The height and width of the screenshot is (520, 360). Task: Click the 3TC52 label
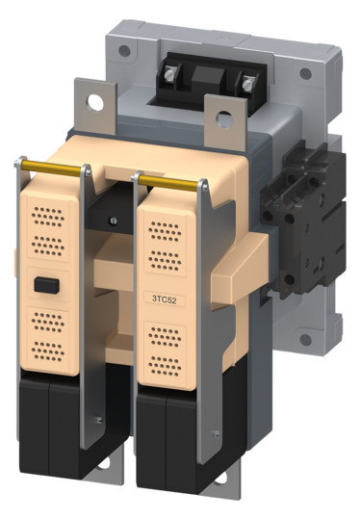164,299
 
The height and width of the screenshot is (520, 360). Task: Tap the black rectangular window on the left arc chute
47,285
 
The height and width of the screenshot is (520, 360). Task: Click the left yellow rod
51,169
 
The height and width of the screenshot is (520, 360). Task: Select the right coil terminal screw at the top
248,85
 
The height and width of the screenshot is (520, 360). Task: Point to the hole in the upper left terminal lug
96,102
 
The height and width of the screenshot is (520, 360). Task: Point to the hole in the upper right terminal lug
224,119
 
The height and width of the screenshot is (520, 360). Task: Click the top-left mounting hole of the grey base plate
124,50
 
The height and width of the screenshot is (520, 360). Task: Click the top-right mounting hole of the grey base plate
306,73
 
